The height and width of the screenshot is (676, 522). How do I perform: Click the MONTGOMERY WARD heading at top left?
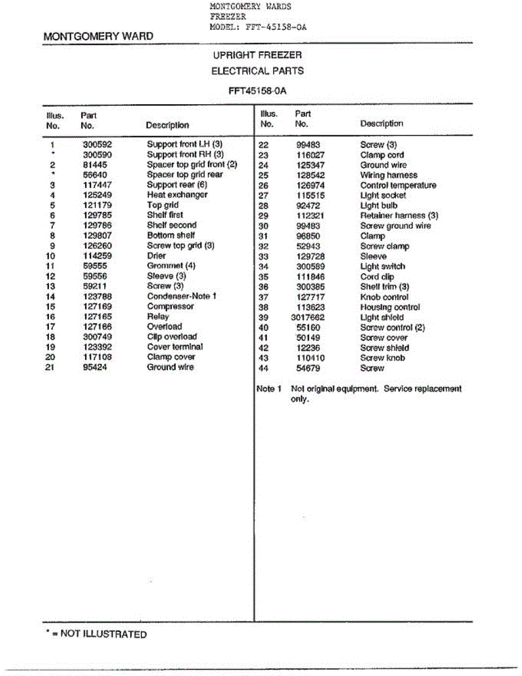99,37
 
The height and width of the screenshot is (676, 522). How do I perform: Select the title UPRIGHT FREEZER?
257,55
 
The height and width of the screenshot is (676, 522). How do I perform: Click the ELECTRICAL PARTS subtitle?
257,71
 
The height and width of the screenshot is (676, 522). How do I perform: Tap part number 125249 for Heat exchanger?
97,195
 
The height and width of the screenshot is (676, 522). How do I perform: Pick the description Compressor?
171,306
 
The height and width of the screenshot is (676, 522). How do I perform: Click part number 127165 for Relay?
97,317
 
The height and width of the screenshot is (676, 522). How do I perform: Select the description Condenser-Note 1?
182,296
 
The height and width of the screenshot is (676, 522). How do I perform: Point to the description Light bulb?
379,206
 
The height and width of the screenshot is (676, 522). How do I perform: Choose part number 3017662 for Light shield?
309,317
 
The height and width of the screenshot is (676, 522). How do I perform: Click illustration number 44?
264,368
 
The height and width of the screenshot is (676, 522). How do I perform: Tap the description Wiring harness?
389,175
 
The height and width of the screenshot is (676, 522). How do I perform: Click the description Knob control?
385,297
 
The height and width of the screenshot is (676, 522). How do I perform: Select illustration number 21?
50,367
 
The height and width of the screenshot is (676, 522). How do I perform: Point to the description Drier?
157,256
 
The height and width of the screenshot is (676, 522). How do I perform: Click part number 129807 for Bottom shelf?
97,235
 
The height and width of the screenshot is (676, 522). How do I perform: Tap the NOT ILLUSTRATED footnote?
96,634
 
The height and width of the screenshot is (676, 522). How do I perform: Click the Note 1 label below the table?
266,389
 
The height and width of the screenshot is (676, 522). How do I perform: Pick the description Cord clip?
377,277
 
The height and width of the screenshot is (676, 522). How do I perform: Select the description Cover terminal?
175,347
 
